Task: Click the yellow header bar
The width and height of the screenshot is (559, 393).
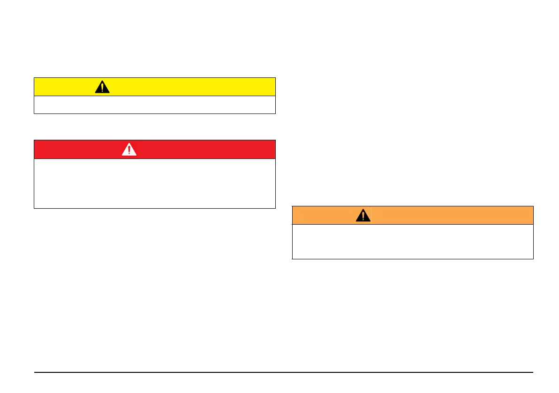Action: point(188,87)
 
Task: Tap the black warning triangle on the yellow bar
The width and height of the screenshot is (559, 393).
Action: point(102,87)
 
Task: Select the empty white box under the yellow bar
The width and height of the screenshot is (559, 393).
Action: point(154,105)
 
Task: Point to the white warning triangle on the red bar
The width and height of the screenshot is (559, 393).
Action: point(129,149)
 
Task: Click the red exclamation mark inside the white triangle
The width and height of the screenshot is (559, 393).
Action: point(129,150)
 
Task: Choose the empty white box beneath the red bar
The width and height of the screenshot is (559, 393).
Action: point(154,183)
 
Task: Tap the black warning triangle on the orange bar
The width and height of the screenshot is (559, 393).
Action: point(363,215)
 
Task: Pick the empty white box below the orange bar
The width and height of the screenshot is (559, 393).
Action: point(413,242)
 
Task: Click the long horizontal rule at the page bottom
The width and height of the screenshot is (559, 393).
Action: point(284,373)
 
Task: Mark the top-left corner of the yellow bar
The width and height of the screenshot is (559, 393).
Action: point(34,78)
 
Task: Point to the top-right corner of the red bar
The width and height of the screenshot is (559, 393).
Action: point(275,140)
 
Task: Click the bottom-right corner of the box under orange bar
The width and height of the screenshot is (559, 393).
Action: point(533,258)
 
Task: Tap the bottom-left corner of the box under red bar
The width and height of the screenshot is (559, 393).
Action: point(34,208)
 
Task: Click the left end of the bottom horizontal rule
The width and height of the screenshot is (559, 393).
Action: point(35,373)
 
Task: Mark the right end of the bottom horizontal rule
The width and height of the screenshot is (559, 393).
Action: point(533,373)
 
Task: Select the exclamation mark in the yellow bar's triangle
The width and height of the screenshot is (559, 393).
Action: point(102,88)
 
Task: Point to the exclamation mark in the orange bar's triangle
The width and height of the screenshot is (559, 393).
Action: point(363,216)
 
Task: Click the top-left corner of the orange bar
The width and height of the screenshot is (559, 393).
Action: point(292,206)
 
